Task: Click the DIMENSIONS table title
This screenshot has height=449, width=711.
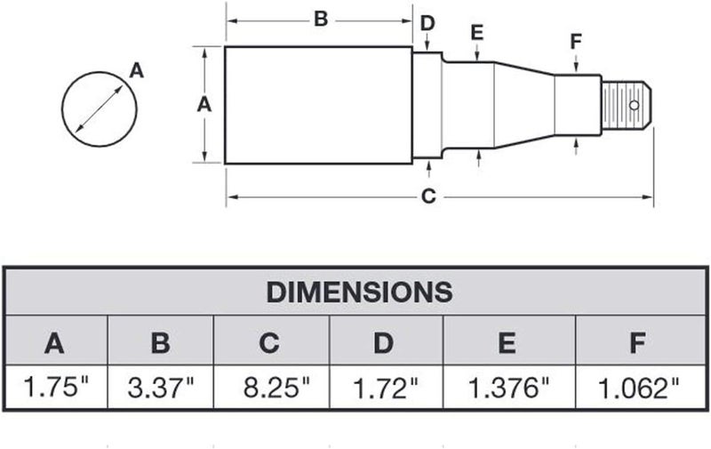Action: [x=359, y=292]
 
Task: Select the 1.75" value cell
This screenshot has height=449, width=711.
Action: [x=56, y=387]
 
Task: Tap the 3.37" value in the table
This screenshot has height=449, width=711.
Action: [x=161, y=388]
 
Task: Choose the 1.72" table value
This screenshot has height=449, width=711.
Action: [x=385, y=388]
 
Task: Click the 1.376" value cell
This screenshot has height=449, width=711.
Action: [x=508, y=388]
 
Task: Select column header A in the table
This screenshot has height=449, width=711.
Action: [x=54, y=343]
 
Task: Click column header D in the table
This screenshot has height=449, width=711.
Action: [x=383, y=343]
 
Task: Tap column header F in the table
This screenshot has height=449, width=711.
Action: [x=637, y=343]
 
